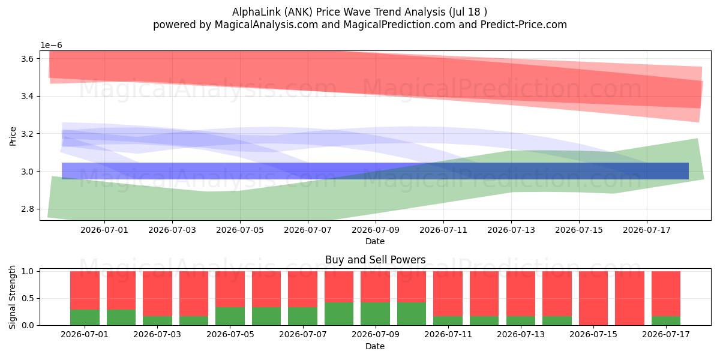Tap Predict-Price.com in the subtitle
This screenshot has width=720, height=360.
coord(524,25)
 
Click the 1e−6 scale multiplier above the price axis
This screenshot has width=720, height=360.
coord(51,46)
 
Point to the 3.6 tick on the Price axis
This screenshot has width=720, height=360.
coord(27,59)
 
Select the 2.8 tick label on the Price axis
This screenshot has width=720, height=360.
coord(27,209)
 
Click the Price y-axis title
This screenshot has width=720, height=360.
coord(13,136)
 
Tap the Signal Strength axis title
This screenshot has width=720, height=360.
coord(12,298)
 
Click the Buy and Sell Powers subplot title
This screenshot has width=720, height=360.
coord(376,260)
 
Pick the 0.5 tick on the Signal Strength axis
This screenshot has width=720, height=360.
coord(27,298)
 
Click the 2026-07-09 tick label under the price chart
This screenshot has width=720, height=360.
coord(376,230)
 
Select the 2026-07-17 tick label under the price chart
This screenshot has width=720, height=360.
coord(647,230)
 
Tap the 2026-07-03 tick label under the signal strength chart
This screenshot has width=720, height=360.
coord(157,335)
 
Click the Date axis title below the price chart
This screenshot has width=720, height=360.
coord(375,241)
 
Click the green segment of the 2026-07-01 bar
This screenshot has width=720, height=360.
coord(85,317)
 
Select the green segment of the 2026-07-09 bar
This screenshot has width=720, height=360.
coord(376,314)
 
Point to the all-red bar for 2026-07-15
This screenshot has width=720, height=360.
coord(593,298)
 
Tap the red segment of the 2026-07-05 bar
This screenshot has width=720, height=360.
coord(230,289)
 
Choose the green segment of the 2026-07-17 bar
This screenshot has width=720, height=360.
coord(666,321)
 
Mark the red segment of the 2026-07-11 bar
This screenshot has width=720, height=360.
coord(448,294)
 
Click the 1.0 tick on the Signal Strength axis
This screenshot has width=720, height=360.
coord(27,271)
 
